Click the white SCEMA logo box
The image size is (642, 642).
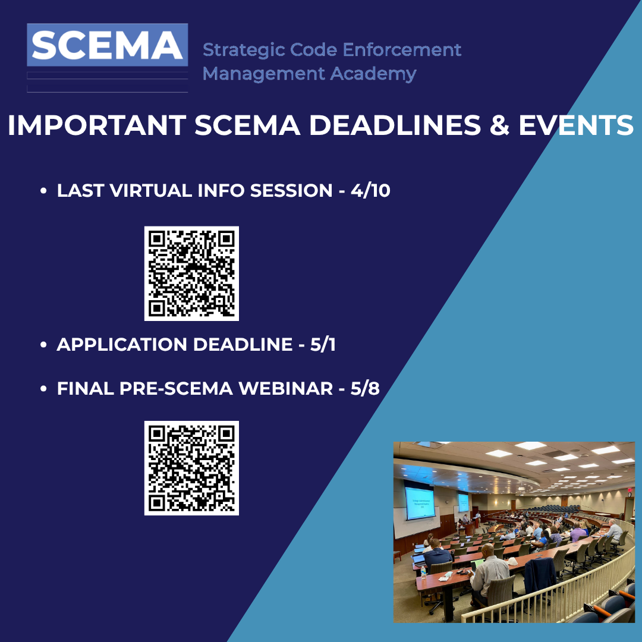pos(107,45)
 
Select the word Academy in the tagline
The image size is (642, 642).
pos(373,74)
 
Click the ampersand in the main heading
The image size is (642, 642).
pos(499,125)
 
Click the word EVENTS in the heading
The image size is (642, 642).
pos(576,125)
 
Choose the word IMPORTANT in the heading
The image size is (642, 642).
pos(97,125)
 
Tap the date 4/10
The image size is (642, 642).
pos(370,190)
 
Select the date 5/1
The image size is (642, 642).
pos(323,344)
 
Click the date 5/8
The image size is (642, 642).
pos(365,389)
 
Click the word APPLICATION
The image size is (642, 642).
pos(122,344)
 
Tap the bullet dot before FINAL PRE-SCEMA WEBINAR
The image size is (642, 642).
pos(43,389)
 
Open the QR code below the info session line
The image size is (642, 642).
pos(191,273)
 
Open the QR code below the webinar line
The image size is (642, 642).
pos(191,468)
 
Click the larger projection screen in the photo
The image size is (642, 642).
pos(420,502)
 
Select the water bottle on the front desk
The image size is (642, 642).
pos(423,572)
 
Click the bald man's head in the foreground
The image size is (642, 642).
pos(487,550)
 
